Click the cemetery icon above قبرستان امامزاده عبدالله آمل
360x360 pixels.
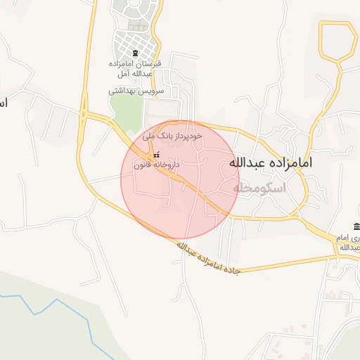click(135, 54)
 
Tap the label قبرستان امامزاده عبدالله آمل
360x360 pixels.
click(136, 69)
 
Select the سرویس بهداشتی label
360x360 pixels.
click(136, 91)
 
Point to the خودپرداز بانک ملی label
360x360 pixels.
click(172, 134)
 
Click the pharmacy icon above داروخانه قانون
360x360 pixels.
click(156, 155)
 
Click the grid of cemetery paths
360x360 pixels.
click(134, 42)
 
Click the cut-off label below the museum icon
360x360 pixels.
click(351, 243)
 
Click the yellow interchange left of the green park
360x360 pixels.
click(84, 115)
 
